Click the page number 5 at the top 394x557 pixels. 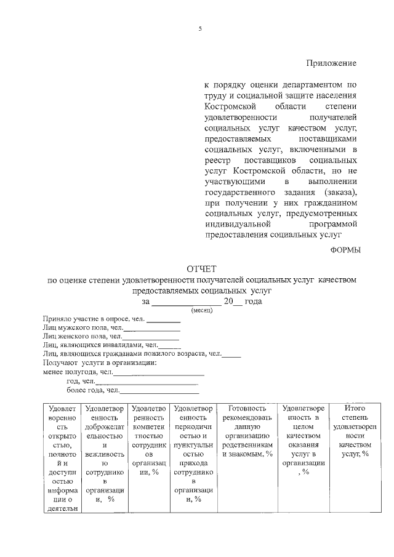(200, 30)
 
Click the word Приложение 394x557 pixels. (332, 63)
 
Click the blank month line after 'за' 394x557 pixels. (187, 302)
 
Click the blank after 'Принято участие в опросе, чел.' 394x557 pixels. (163, 321)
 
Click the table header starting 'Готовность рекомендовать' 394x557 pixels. (247, 431)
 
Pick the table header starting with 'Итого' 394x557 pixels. (355, 431)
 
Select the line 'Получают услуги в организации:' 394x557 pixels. (100, 363)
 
